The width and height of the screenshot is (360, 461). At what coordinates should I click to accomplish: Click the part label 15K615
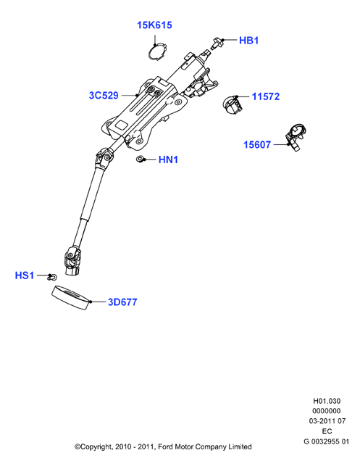[154, 25]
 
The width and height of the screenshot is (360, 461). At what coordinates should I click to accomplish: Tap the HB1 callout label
[248, 41]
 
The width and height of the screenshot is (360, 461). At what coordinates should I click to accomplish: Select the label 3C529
[104, 96]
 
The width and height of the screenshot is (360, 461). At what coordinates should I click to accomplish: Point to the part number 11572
[266, 96]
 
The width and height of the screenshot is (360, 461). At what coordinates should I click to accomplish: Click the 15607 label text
[257, 145]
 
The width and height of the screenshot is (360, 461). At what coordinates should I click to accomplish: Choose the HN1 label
[168, 159]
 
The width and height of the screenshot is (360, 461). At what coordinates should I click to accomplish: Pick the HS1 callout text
[25, 275]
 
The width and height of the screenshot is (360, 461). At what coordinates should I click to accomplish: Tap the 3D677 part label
[122, 302]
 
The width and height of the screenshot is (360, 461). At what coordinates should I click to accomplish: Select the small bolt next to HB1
[217, 43]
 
